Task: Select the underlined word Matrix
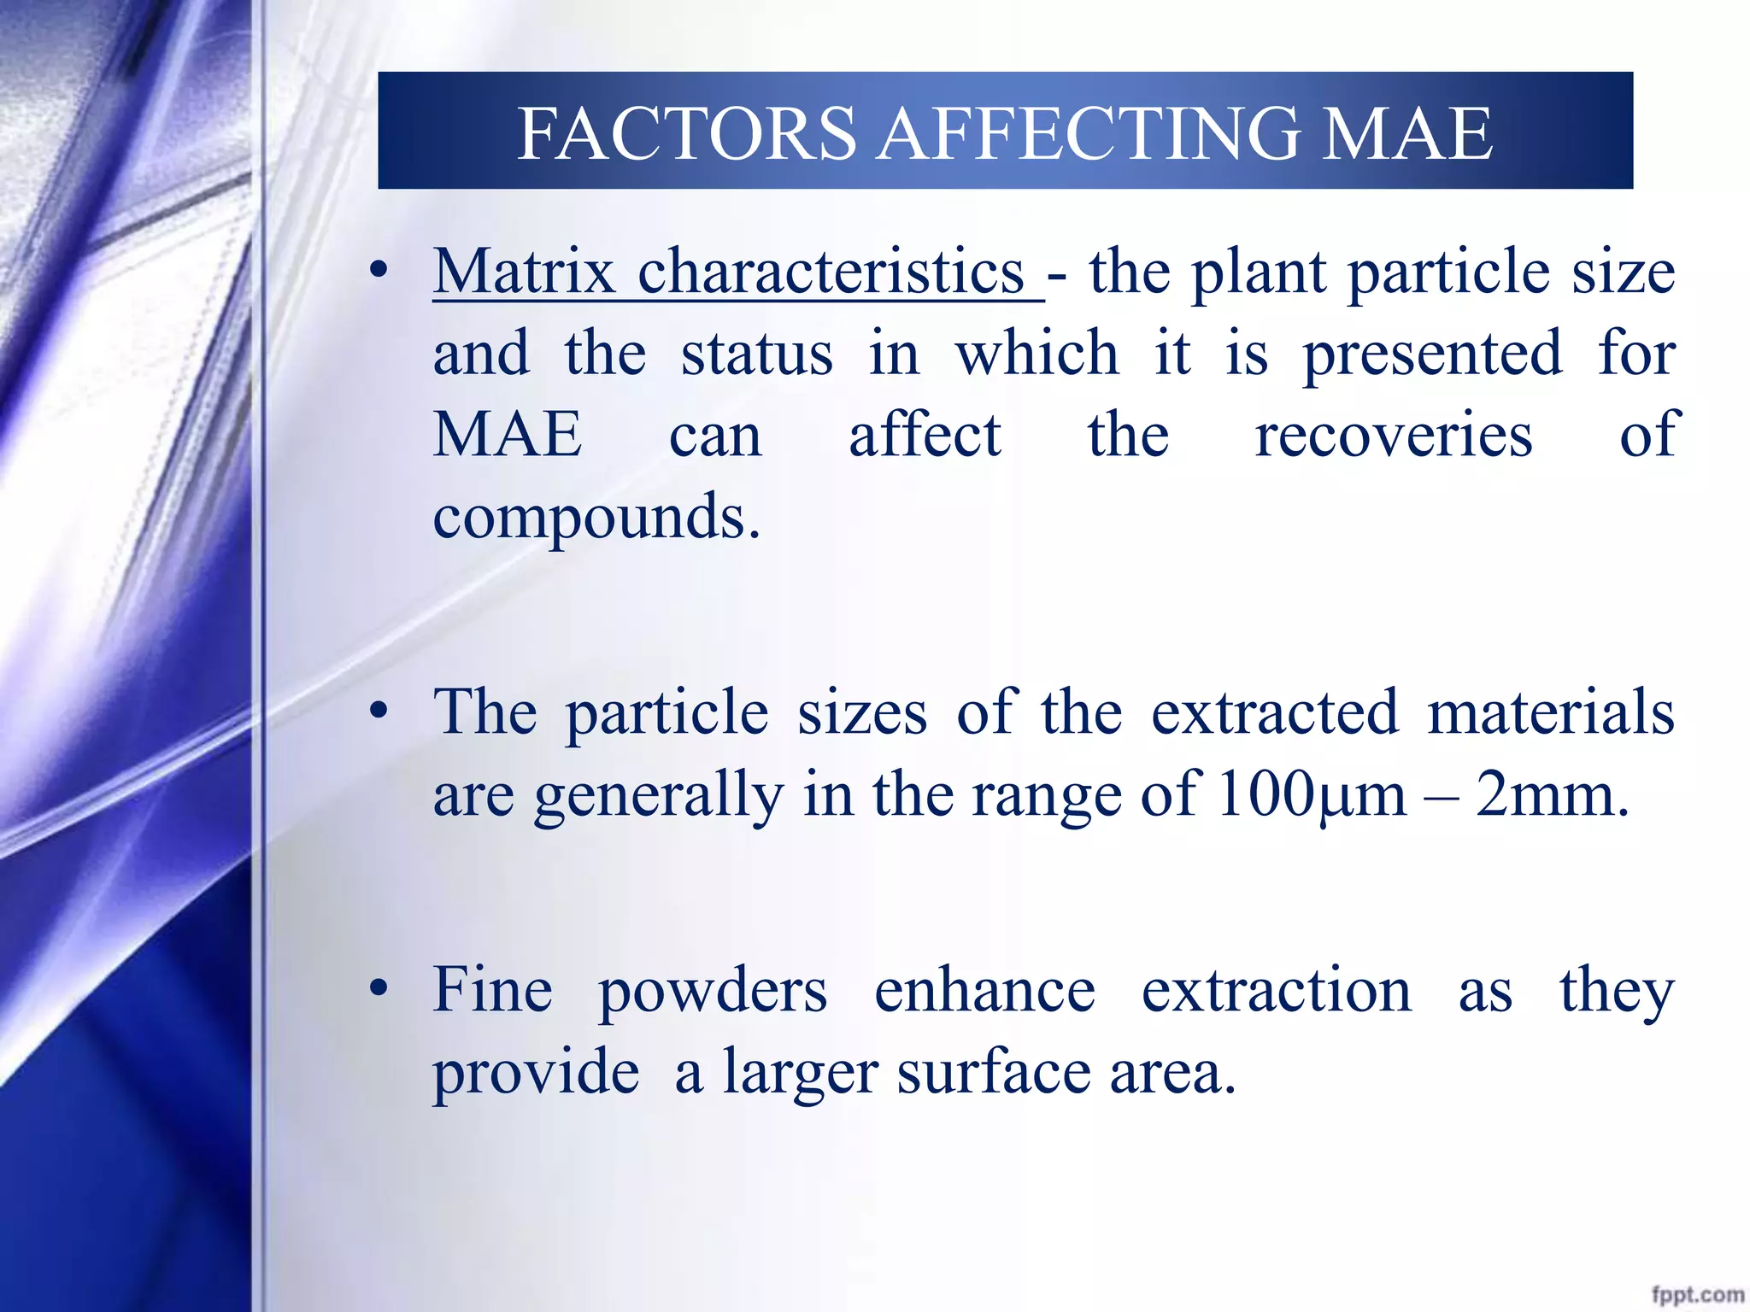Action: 523,272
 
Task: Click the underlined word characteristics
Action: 831,272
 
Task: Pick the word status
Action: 756,354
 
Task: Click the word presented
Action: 1432,355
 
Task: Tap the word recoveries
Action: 1393,436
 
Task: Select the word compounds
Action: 596,519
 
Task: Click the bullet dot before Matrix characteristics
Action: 379,272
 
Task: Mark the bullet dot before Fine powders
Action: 379,990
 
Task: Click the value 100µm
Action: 1311,795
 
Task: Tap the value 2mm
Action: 1550,795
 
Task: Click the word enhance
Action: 984,990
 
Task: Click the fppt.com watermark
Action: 1697,1295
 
